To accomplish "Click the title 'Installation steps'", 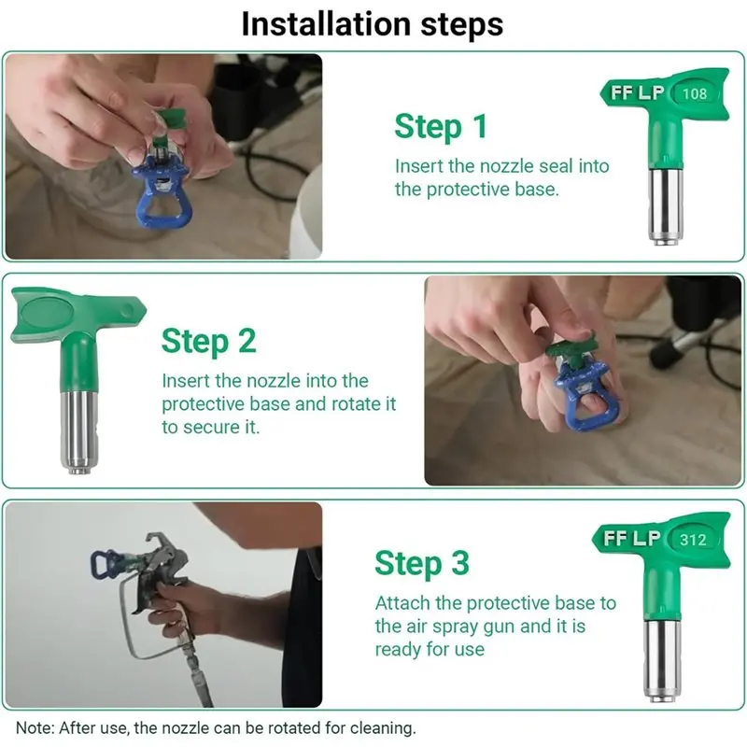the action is tap(372, 24).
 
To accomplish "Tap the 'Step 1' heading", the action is tap(441, 127).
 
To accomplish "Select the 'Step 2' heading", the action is tap(208, 342).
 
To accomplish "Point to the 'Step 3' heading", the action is tap(422, 564).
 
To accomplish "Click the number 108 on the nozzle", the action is tap(694, 93).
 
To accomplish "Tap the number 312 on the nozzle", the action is tap(693, 540).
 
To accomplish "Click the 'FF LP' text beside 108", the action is tap(637, 92).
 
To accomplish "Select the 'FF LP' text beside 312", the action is tap(632, 539).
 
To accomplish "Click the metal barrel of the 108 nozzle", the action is tap(665, 204).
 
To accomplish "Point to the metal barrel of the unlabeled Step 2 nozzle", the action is tap(78, 431).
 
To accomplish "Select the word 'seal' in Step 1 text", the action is tap(556, 166).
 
